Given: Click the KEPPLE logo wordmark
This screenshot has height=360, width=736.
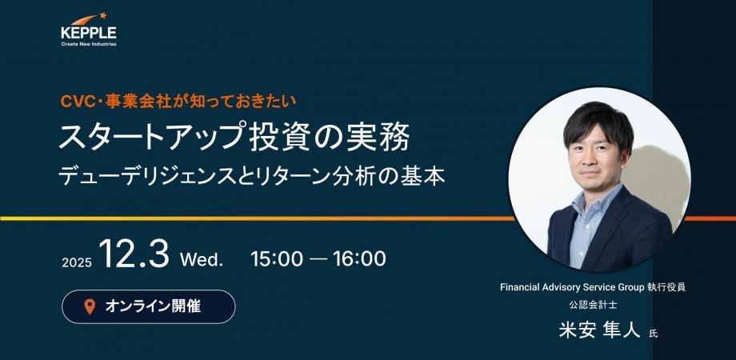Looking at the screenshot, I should pos(88,33).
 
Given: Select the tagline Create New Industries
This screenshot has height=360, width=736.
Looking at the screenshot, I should pos(88,44).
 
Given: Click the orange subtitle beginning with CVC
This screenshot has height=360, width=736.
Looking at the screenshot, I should pos(179,101).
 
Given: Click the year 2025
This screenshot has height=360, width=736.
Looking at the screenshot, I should pos(77,262).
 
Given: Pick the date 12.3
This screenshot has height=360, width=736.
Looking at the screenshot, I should pos(134,256).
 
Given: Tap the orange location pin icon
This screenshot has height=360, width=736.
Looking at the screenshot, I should pos(89,306).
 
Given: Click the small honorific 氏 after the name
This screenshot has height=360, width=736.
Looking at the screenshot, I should pos(653,333).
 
